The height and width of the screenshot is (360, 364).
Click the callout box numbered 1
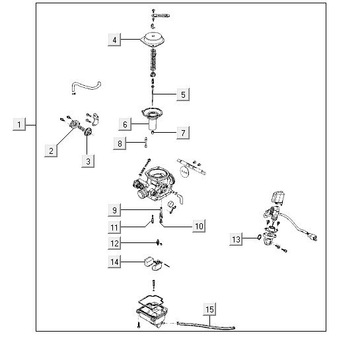(x=19, y=124)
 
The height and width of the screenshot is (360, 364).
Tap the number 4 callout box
(x=114, y=40)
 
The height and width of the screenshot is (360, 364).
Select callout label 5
(x=183, y=94)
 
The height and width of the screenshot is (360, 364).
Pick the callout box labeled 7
(x=183, y=133)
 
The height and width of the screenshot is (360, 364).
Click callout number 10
(x=199, y=226)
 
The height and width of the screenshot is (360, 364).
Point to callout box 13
(x=236, y=239)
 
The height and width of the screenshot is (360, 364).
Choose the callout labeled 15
(x=209, y=309)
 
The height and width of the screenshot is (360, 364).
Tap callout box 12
(x=114, y=243)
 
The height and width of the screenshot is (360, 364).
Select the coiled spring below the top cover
(x=153, y=59)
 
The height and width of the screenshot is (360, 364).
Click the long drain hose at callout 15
(x=206, y=326)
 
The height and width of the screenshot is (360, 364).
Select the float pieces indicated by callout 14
(x=154, y=264)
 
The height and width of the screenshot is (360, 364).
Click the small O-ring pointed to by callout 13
(x=259, y=237)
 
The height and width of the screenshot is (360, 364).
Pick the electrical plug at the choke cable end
(x=312, y=236)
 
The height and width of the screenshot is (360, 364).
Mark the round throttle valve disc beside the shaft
(x=184, y=172)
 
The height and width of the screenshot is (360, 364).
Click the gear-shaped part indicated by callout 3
(x=88, y=132)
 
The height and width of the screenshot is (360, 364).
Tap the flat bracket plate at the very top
(x=161, y=16)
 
